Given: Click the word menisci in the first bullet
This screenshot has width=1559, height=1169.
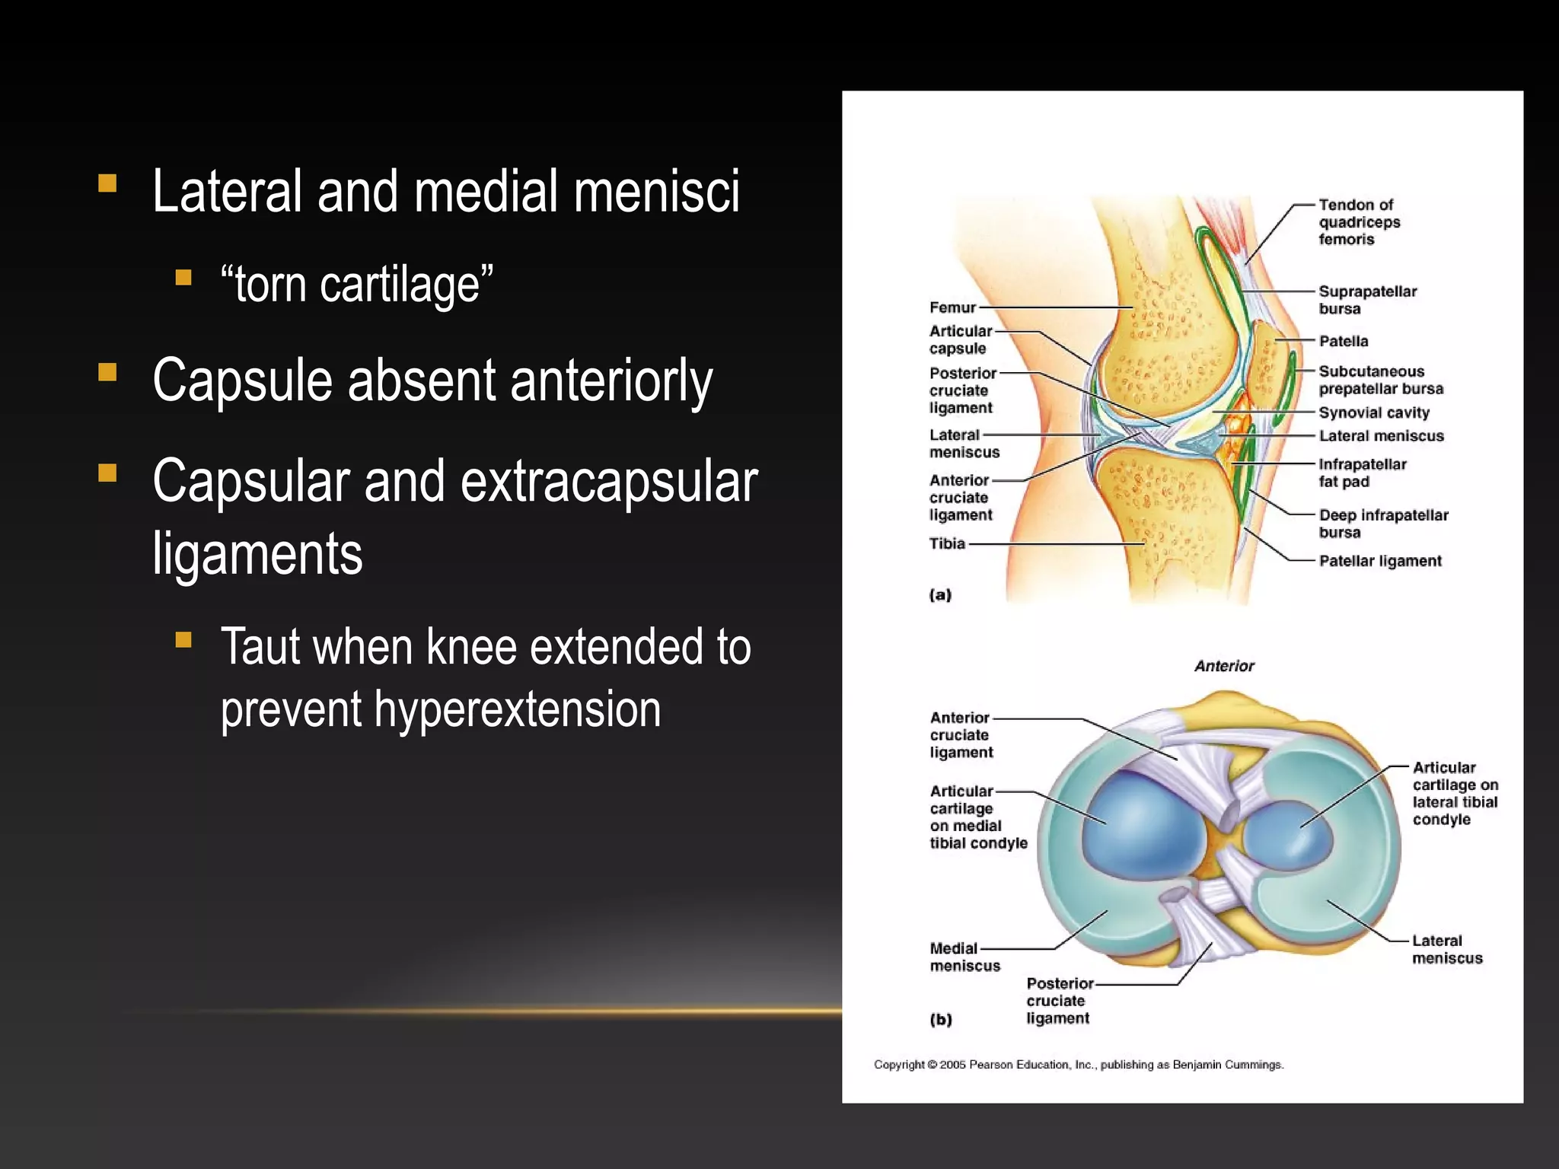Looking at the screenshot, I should coord(656,191).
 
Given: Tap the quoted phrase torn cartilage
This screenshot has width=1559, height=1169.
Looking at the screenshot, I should coord(356,285).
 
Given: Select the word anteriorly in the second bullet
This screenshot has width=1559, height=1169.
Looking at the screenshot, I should coord(611,381).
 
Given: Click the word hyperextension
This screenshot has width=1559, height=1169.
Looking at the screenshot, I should coord(517,709).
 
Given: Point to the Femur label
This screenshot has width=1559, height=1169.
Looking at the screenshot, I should coord(952,307).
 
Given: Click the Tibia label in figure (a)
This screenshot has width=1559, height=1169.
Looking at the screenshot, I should coord(946,543).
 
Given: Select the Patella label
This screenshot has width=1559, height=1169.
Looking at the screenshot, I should coord(1343,341).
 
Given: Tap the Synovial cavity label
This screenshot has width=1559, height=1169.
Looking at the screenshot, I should coord(1373,412).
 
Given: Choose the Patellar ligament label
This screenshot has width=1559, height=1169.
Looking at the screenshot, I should coord(1379,561).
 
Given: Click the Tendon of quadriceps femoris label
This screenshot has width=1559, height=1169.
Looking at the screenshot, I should coord(1358,221).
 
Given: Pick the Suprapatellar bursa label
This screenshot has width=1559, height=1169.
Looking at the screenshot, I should coord(1366,300).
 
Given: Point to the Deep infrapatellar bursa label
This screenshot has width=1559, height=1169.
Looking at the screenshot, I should coord(1382,524).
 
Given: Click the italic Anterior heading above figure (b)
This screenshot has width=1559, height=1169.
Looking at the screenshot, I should coord(1223,666).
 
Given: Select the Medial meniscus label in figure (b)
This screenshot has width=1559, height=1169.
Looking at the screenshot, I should coord(964,957).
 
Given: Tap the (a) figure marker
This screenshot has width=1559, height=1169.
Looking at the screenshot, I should coord(940,595).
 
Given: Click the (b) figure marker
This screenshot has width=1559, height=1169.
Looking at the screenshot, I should coord(941,1020).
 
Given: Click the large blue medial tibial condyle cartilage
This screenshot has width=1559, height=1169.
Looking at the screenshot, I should coord(1142,826).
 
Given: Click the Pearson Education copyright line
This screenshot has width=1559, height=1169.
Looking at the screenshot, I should coord(1078,1065).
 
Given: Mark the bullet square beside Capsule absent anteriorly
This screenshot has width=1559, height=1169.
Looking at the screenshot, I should coord(107,372).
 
